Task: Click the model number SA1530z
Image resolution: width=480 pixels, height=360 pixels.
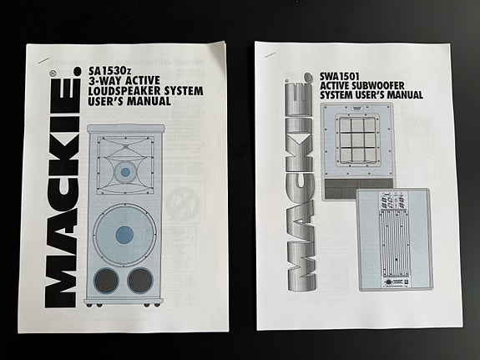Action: coord(110,71)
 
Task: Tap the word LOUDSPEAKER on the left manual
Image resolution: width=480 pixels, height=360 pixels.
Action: coord(124,91)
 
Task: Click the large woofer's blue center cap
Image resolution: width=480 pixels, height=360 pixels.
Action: coord(124,235)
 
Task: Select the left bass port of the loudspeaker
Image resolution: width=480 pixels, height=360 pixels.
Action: coord(106,280)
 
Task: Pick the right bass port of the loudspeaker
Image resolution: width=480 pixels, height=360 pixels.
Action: coord(140,280)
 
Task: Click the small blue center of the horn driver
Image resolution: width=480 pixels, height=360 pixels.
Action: coord(125,172)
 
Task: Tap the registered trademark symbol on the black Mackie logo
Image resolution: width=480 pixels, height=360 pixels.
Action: coord(52,73)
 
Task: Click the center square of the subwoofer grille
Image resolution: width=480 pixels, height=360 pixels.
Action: coord(357,140)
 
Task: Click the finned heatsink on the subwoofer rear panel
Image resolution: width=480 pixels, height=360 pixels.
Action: coord(394,244)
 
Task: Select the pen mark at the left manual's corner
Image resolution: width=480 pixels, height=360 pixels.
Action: coord(43,61)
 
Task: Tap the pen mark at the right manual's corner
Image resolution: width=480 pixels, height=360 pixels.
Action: coord(270,55)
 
